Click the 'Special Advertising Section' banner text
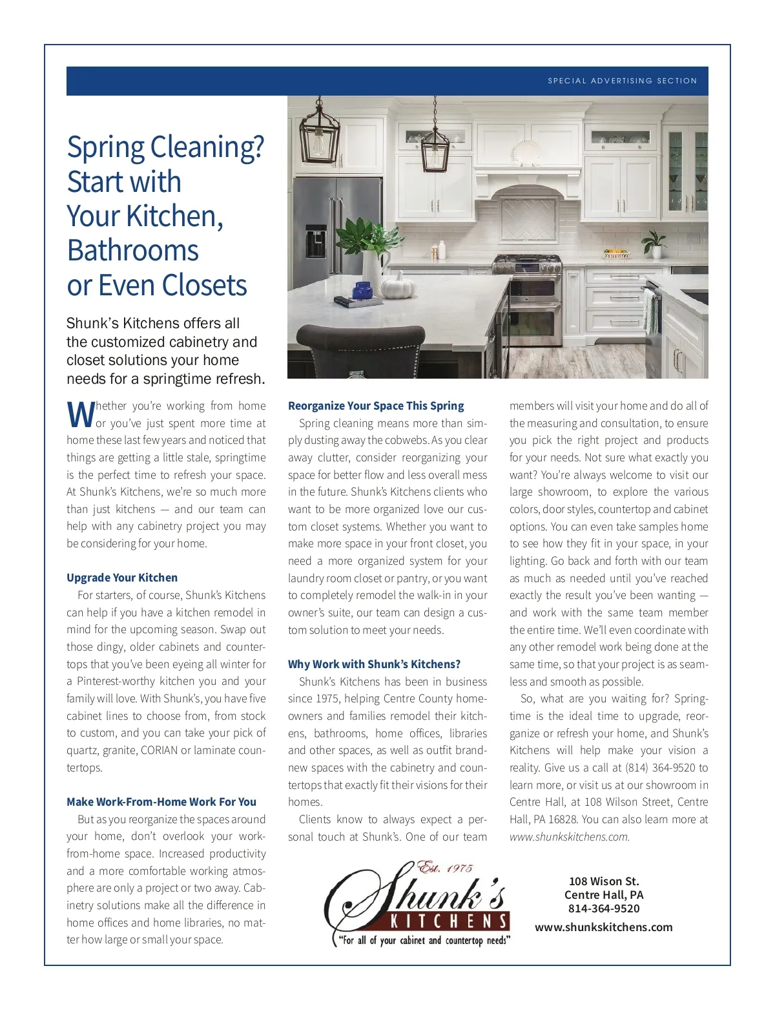[x=622, y=81]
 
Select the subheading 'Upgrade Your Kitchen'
[x=122, y=578]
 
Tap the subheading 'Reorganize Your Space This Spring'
[x=376, y=406]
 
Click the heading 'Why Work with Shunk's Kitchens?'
[x=375, y=664]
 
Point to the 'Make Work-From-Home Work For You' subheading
[x=161, y=802]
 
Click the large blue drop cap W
[x=80, y=414]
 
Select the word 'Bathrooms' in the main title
[x=133, y=251]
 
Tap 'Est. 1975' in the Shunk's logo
[x=445, y=868]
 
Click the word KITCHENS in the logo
[x=449, y=921]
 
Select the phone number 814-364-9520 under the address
[x=604, y=909]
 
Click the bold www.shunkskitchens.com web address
[x=604, y=927]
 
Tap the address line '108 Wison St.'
[x=604, y=881]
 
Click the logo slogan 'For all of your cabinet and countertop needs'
[x=424, y=941]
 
